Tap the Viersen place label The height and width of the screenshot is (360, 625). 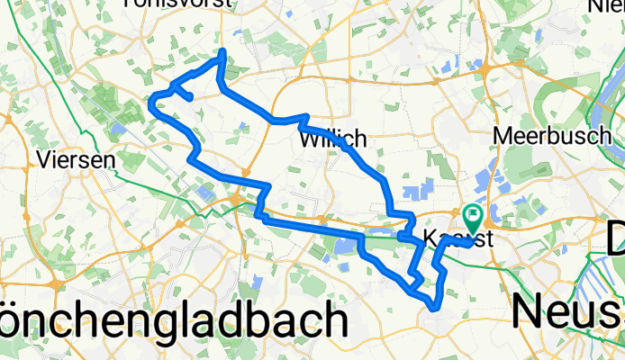(77, 160)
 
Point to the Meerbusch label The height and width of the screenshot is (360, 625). (541, 136)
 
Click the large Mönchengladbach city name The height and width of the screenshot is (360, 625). (171, 320)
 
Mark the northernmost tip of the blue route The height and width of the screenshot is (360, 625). (222, 53)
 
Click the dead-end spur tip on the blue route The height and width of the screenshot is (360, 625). (189, 96)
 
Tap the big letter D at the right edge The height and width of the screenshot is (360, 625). (615, 241)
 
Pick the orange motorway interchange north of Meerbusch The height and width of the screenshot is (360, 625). (485, 70)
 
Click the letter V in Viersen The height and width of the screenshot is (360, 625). (47, 160)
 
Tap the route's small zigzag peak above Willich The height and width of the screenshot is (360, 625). (306, 117)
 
